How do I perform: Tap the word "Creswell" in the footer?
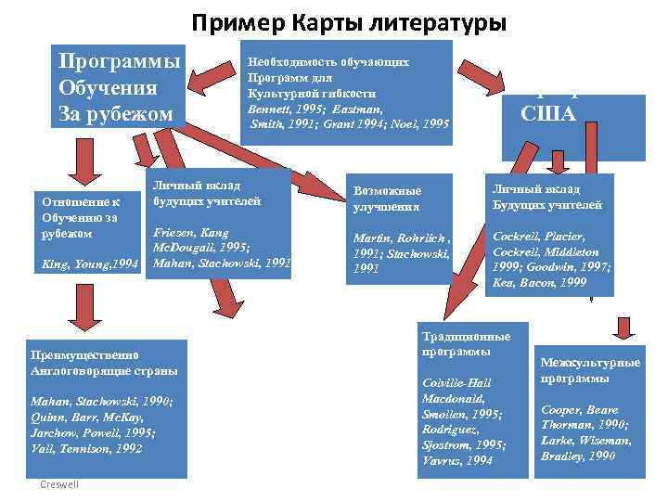60,485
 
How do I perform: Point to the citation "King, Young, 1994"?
84,265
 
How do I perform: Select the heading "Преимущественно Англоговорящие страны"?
104,363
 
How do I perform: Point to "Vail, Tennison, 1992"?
86,447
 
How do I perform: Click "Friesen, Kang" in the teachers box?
191,234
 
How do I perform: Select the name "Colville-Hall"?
456,383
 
